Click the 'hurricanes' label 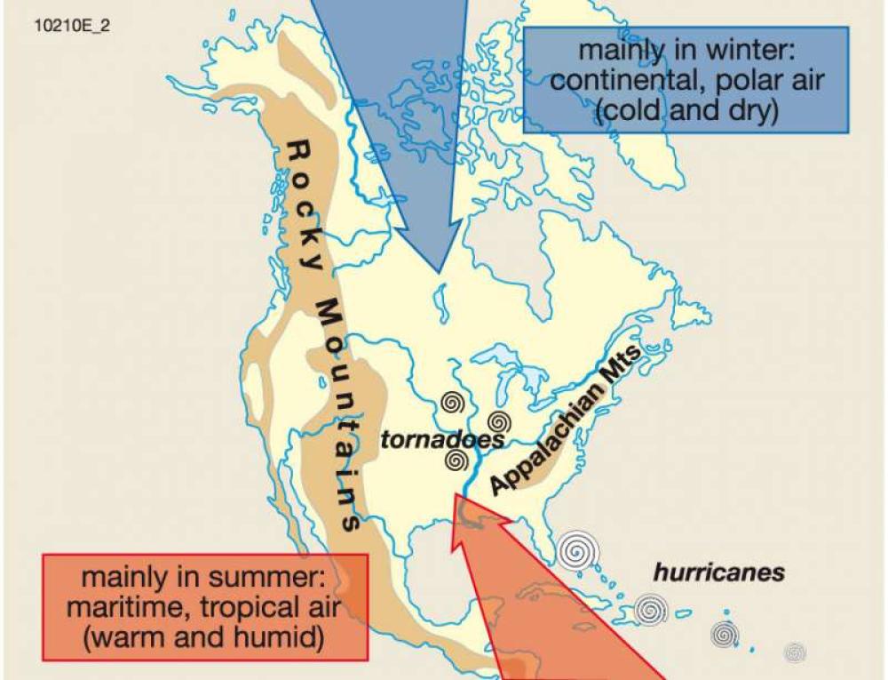719,572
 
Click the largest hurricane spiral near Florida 577,551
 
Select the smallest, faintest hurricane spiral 795,652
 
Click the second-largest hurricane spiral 651,610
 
